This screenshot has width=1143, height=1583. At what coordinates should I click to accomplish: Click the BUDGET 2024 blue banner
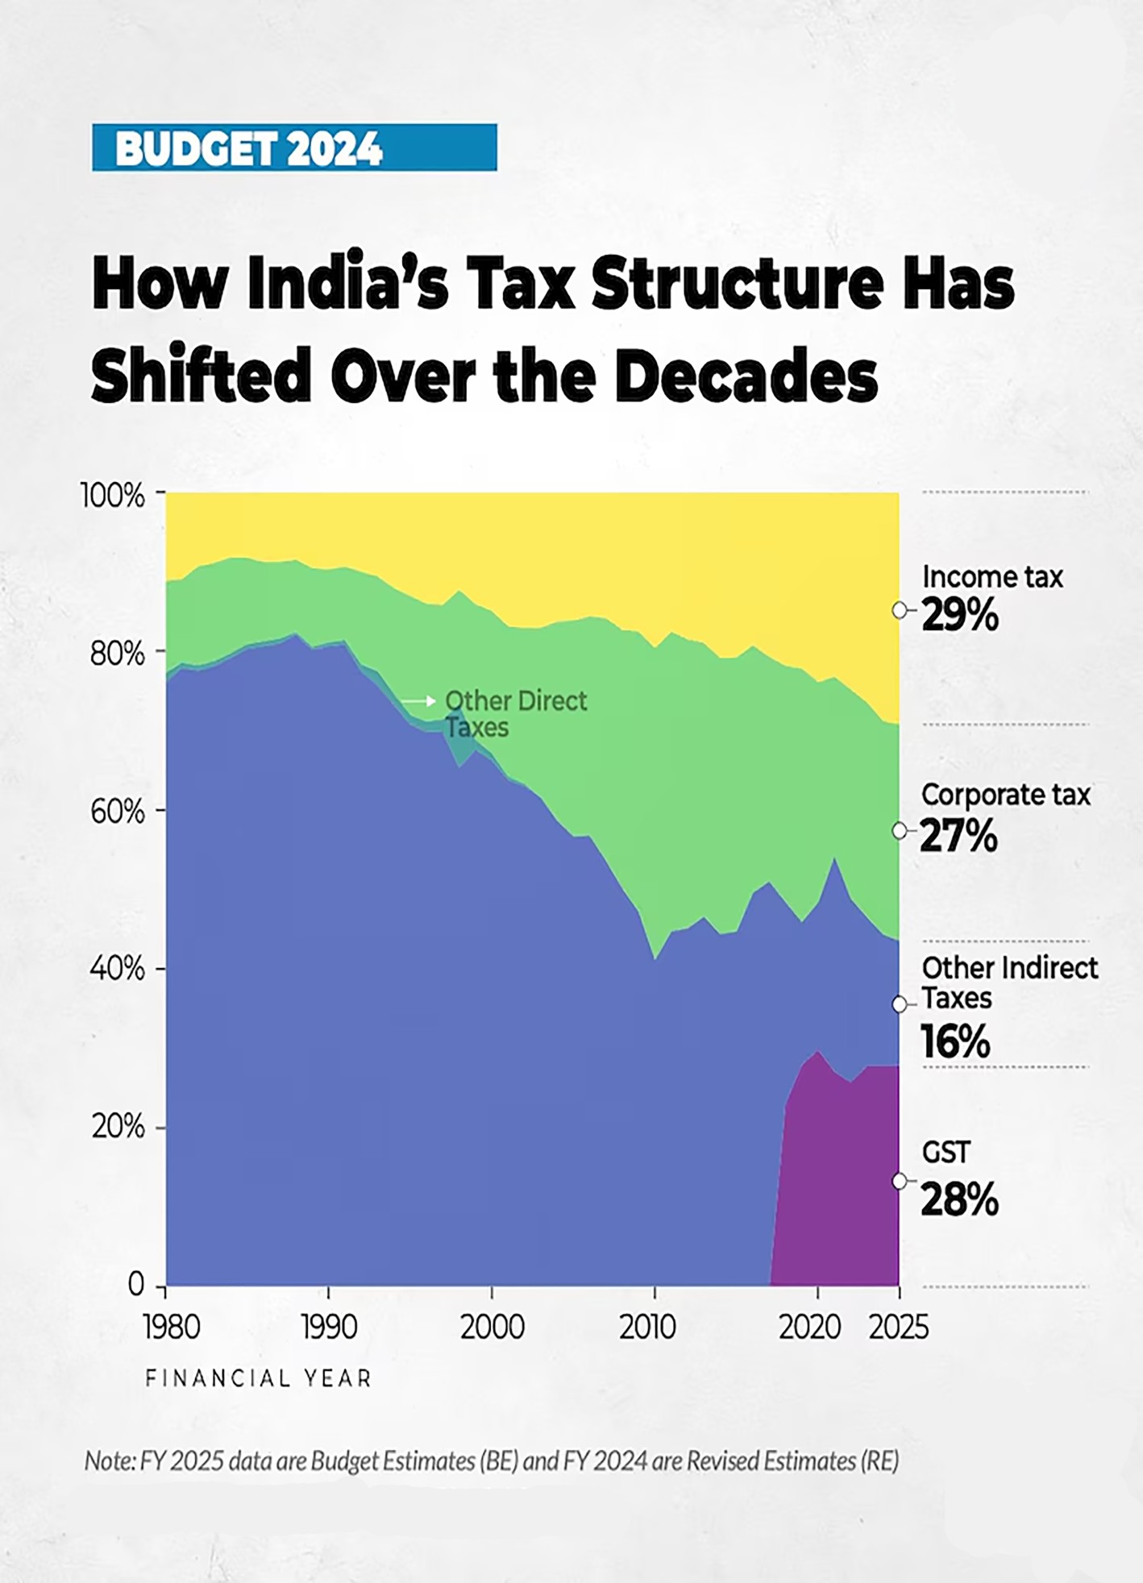(294, 147)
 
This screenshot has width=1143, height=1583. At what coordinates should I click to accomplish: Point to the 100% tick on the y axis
(113, 495)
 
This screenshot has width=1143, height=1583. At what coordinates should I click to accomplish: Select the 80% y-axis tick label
(118, 654)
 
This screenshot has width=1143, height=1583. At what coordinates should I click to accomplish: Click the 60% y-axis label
(118, 812)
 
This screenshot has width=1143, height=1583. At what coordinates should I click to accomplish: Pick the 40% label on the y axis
(118, 969)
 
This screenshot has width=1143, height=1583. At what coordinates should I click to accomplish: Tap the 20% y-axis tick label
(118, 1127)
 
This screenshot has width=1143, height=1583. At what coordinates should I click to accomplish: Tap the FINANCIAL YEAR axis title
(258, 1379)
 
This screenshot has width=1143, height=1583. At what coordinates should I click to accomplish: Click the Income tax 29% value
(959, 617)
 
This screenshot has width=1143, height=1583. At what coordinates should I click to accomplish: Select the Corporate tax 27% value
(958, 836)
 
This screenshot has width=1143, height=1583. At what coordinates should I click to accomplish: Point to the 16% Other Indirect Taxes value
(955, 1042)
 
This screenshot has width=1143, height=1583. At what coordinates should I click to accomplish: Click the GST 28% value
(959, 1200)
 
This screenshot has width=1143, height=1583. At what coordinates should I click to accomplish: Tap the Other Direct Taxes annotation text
(515, 714)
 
